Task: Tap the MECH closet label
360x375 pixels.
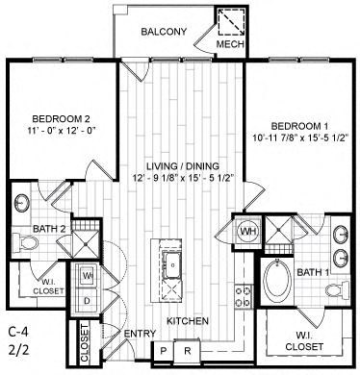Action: [227, 44]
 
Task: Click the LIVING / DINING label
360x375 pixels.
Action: [180, 163]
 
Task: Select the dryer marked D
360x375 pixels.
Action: [87, 300]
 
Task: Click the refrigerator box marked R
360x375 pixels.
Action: [189, 352]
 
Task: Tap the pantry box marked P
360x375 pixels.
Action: [166, 352]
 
